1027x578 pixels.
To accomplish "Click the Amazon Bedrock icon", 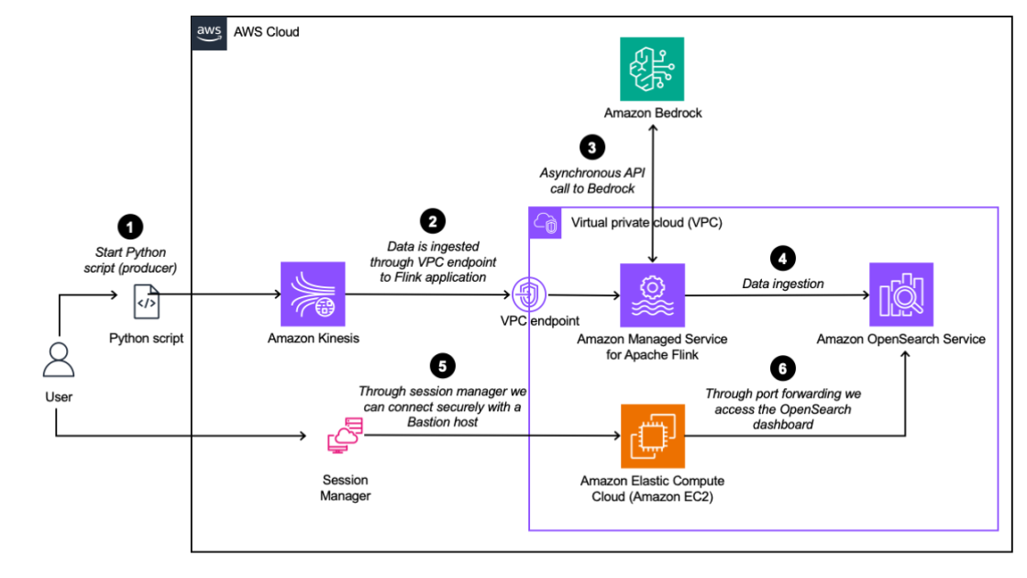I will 651,69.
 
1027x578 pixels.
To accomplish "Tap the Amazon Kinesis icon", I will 314,295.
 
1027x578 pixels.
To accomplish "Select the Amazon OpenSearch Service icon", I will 900,295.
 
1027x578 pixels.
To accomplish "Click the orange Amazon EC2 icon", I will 651,436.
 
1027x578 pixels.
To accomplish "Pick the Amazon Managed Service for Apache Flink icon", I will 651,295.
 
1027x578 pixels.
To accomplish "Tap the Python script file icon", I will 146,299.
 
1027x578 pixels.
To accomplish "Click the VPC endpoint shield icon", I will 530,295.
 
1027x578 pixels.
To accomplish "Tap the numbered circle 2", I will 432,220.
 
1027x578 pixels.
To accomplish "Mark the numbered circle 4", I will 782,259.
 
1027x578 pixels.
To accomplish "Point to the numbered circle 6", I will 781,369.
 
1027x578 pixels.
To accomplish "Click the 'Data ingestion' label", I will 782,283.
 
